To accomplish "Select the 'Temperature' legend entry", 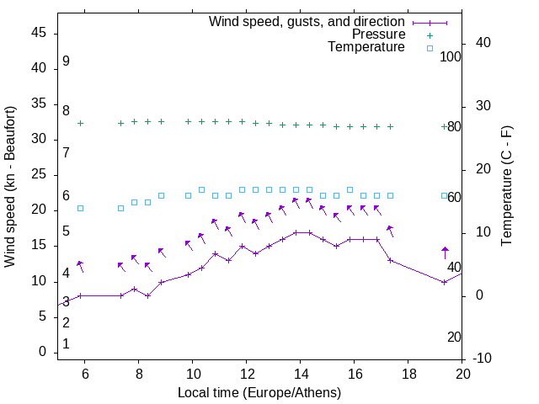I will pos(366,47).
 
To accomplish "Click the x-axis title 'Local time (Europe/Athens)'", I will pos(259,393).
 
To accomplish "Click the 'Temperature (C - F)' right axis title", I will pos(506,187).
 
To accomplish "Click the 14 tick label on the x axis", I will pos(300,373).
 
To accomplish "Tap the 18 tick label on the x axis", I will pos(408,373).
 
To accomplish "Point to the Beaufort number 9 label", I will pos(66,61).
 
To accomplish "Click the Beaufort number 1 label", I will pos(66,344).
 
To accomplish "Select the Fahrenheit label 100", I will pos(451,56).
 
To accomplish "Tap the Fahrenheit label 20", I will pos(454,337).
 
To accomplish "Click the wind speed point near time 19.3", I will pos(445,282).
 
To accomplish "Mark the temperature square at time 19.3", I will pos(445,195).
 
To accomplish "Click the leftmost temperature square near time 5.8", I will pos(81,208).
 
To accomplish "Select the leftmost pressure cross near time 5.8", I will pos(81,123).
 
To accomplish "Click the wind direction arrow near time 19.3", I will pos(446,252).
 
